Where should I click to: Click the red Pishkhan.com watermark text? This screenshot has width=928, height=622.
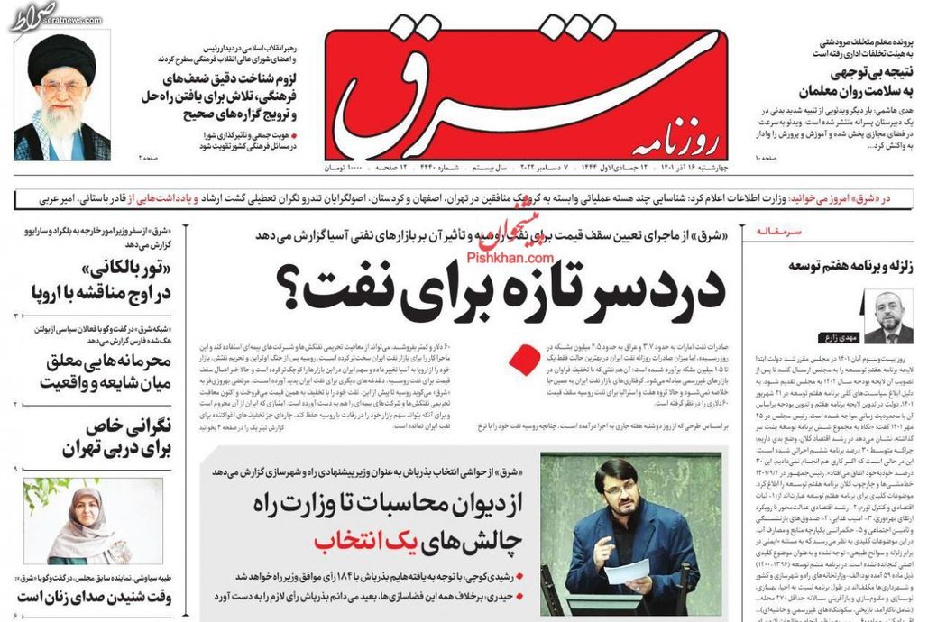click(501, 256)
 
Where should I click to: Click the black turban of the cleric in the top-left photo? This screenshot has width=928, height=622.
click(61, 59)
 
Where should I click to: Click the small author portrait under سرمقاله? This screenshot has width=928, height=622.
click(888, 316)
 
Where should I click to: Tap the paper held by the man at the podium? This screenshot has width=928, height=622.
click(628, 570)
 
